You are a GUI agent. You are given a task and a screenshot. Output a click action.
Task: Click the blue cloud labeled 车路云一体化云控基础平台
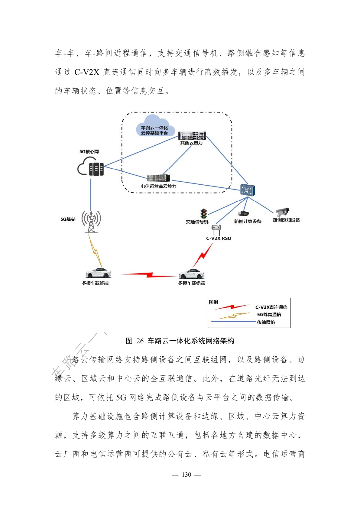click(x=154, y=126)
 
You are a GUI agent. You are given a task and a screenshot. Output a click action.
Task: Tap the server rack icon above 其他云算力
click(x=192, y=136)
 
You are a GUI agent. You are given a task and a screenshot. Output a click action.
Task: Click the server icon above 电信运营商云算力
click(x=159, y=178)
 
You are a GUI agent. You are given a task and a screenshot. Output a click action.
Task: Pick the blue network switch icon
click(x=248, y=190)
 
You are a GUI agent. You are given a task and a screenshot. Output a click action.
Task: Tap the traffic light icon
click(x=204, y=214)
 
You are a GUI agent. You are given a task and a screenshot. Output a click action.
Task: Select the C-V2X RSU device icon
click(x=216, y=229)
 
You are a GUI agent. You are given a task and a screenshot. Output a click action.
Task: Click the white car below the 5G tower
click(x=98, y=273)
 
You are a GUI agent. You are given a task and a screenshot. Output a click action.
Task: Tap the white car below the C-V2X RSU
click(x=191, y=274)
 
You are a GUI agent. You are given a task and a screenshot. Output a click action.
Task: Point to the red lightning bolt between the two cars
click(x=149, y=275)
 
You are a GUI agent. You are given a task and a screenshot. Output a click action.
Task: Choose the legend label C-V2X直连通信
click(x=271, y=307)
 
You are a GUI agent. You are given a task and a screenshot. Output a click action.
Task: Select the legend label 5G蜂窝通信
click(x=269, y=315)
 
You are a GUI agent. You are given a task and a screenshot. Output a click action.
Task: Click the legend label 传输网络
click(x=266, y=322)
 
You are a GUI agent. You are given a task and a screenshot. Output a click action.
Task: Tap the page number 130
click(x=186, y=475)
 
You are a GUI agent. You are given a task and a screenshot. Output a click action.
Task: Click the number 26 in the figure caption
click(x=140, y=341)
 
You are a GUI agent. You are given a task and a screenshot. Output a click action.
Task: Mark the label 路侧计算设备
click(x=248, y=221)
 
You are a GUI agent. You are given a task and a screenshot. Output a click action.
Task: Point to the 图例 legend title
click(x=213, y=302)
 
